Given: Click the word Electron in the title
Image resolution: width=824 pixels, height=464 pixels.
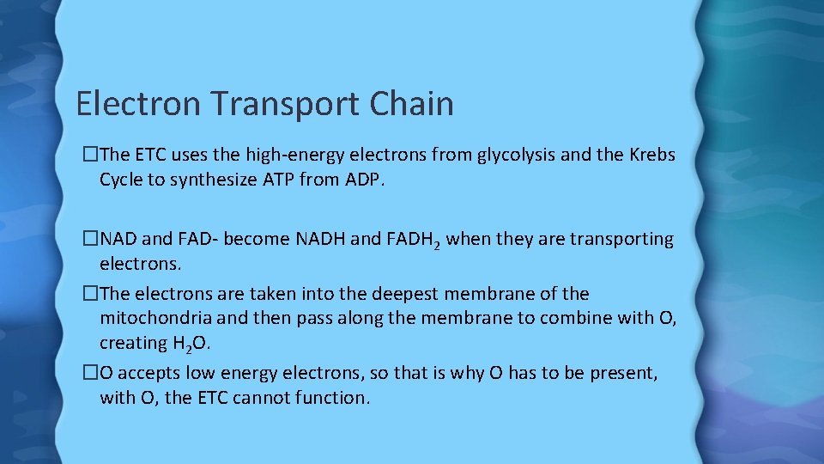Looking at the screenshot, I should (137, 104).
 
